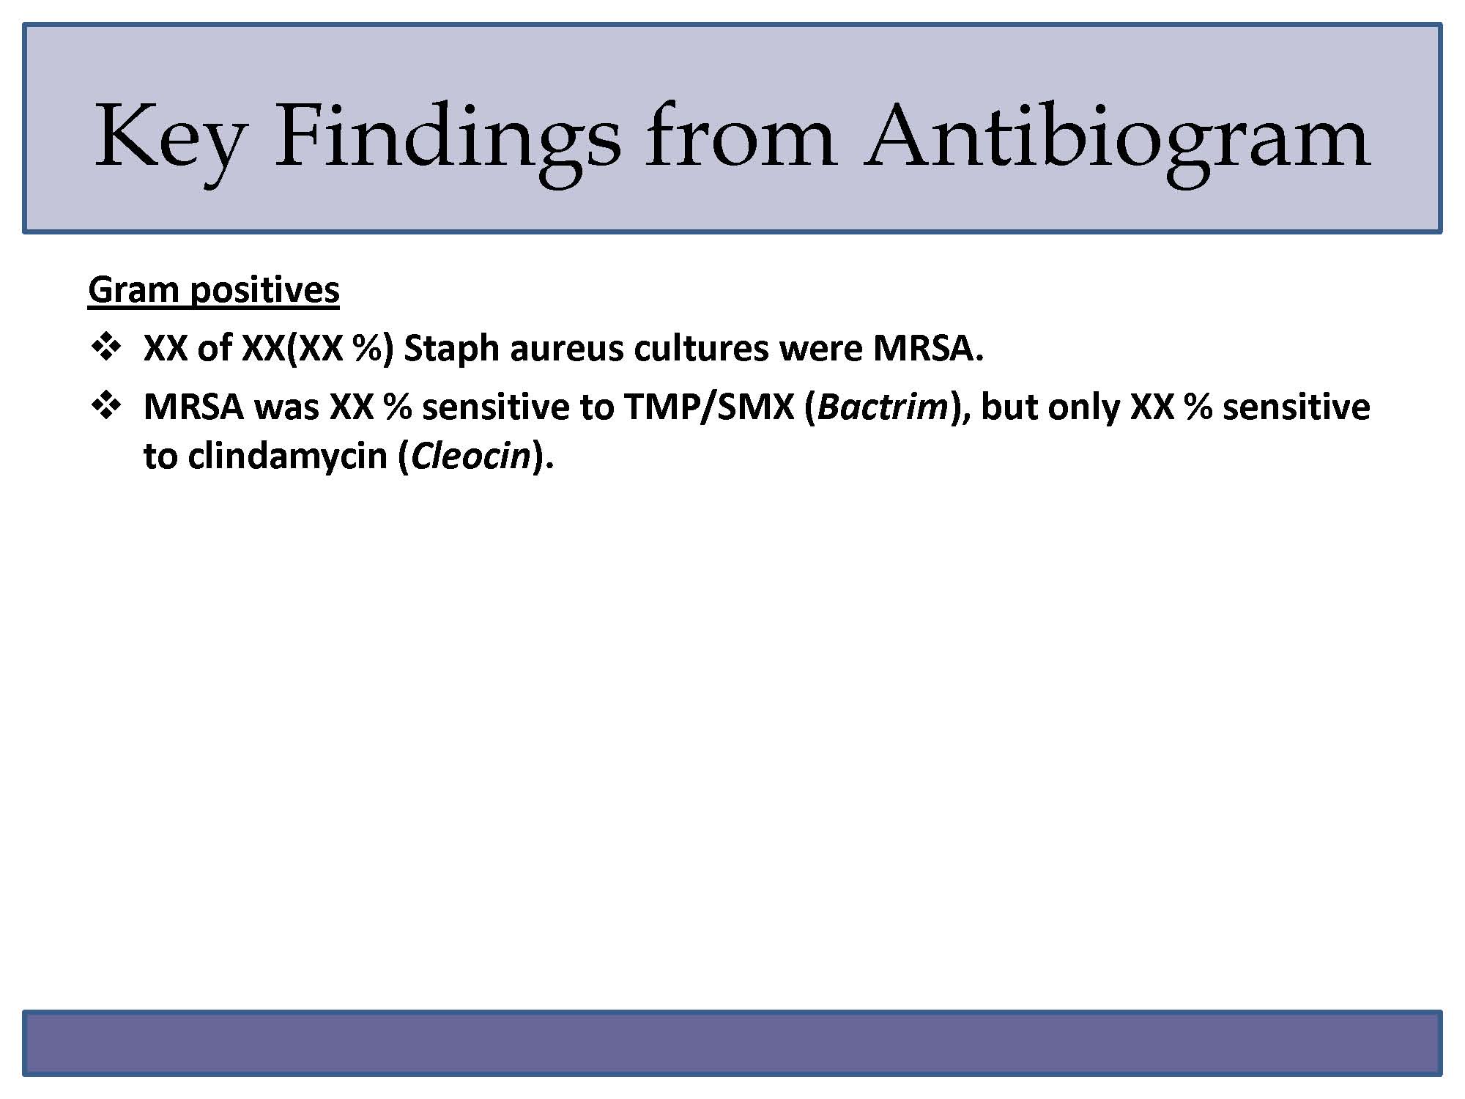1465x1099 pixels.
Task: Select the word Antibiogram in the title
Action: tap(1117, 139)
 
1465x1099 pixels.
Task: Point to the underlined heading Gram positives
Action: tap(214, 289)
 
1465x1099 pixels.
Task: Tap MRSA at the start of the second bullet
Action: tap(193, 407)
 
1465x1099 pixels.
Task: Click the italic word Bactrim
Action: tap(883, 407)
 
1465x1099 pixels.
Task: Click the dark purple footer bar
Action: tap(732, 1043)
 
